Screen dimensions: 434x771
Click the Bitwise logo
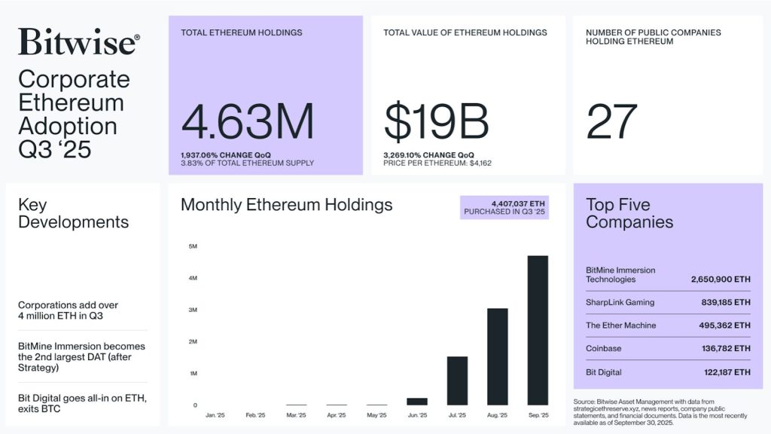(78, 41)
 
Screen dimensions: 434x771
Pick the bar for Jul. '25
(457, 381)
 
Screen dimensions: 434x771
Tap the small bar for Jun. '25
(416, 401)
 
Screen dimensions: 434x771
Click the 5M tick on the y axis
(192, 246)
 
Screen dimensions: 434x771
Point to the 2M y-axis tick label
(192, 341)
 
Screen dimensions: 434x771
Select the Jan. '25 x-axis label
(215, 415)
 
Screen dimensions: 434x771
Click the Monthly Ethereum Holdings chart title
(286, 204)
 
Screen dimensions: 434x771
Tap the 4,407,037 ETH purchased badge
(504, 208)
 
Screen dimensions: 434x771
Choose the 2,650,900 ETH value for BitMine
(721, 280)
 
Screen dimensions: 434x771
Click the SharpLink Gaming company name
(620, 302)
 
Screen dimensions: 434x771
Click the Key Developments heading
(73, 213)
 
